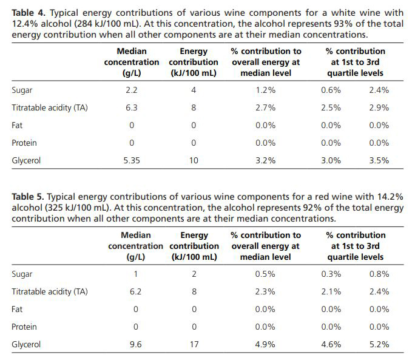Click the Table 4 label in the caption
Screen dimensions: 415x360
(29, 13)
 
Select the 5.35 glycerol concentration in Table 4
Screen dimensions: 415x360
(132, 160)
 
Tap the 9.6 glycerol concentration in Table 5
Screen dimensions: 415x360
(135, 344)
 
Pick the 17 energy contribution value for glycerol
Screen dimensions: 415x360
(194, 344)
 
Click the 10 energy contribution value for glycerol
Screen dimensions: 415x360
(194, 160)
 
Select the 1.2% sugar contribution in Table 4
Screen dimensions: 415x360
(266, 90)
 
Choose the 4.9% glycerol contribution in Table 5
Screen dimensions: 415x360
(265, 344)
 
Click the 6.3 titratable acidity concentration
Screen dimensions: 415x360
(132, 108)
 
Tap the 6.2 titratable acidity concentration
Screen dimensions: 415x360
(135, 291)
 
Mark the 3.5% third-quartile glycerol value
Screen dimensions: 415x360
(379, 160)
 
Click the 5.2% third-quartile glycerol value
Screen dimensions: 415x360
(379, 344)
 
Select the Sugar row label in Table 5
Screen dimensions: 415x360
(22, 274)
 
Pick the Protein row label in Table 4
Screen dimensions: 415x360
(24, 143)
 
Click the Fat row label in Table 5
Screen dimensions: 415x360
(17, 309)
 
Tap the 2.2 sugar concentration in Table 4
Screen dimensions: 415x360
(132, 90)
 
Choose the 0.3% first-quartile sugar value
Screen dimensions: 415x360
(331, 274)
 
